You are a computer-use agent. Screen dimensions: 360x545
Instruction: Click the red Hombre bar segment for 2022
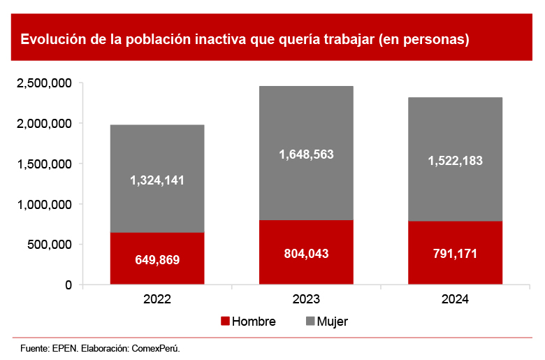coord(157,273)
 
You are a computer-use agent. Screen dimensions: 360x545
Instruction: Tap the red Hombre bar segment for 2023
coord(306,269)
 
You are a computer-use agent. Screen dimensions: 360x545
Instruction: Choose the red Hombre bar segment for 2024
coord(455,269)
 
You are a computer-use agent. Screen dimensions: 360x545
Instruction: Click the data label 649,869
coord(157,260)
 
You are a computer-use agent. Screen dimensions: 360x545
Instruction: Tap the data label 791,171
coord(455,253)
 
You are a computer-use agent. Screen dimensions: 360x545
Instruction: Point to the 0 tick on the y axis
coord(68,285)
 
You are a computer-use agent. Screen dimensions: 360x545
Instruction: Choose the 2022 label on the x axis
coord(157,299)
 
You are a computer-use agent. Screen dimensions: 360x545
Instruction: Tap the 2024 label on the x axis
coord(455,299)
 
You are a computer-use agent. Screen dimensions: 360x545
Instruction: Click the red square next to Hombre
coord(225,322)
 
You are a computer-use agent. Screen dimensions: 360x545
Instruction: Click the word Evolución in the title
coord(52,39)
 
